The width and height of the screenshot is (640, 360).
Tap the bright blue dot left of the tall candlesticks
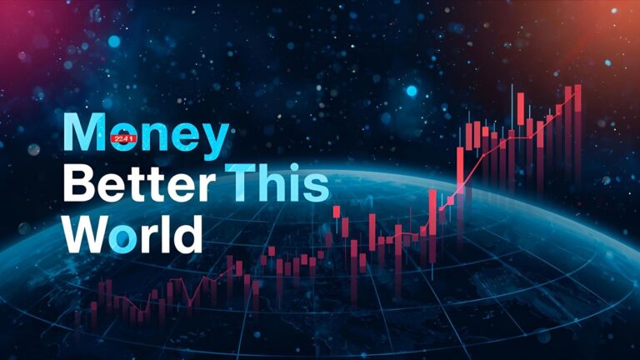pos(411,91)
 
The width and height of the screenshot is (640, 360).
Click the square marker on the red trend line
pos(451,201)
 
